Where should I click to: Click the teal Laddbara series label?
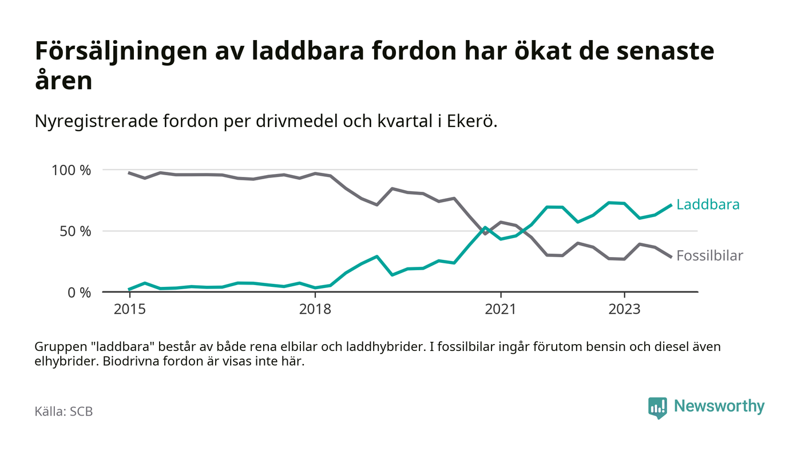[x=708, y=204]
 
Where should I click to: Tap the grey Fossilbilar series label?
[x=709, y=256]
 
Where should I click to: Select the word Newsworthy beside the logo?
[x=719, y=406]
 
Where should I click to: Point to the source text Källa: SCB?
[x=64, y=412]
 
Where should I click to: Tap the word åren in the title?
[x=64, y=81]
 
